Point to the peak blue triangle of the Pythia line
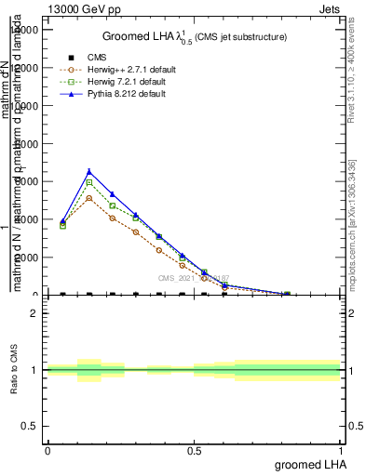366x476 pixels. [88, 171]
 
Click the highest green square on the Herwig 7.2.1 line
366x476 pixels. [88, 182]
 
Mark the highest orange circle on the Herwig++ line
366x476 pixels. [88, 198]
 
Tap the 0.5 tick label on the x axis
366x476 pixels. [194, 450]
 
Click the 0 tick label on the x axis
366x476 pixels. [47, 450]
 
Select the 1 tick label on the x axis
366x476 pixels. [341, 450]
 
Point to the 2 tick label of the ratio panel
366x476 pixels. [34, 313]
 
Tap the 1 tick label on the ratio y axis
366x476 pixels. [34, 370]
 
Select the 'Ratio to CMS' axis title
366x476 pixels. [15, 370]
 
